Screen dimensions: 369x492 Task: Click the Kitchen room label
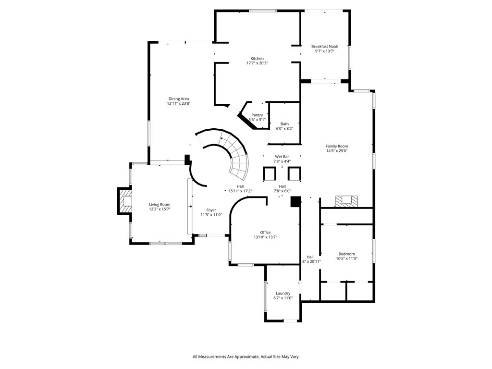pyautogui.click(x=257, y=59)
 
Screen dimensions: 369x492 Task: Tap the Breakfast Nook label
pyautogui.click(x=324, y=47)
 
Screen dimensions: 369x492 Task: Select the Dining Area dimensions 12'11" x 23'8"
pyautogui.click(x=178, y=103)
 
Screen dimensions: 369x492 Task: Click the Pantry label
pyautogui.click(x=257, y=115)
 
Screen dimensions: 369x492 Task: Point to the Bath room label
pyautogui.click(x=284, y=124)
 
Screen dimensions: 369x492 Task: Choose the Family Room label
pyautogui.click(x=336, y=146)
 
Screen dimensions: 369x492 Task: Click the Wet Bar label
pyautogui.click(x=282, y=157)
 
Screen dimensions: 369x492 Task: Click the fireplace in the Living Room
pyautogui.click(x=125, y=201)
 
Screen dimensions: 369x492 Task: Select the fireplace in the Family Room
pyautogui.click(x=345, y=201)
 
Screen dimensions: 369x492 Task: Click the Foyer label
pyautogui.click(x=211, y=210)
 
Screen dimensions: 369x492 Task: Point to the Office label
pyautogui.click(x=265, y=233)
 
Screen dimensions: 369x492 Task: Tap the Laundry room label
pyautogui.click(x=283, y=293)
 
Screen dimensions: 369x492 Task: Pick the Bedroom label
pyautogui.click(x=346, y=254)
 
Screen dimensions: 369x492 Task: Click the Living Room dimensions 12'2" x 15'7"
pyautogui.click(x=160, y=209)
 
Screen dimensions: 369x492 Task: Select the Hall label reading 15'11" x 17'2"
pyautogui.click(x=240, y=191)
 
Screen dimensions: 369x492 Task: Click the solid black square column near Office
pyautogui.click(x=295, y=201)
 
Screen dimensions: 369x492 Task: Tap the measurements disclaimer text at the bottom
pyautogui.click(x=246, y=357)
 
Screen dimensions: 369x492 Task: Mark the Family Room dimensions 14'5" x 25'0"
pyautogui.click(x=336, y=151)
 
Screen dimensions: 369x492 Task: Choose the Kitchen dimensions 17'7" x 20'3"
pyautogui.click(x=257, y=63)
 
